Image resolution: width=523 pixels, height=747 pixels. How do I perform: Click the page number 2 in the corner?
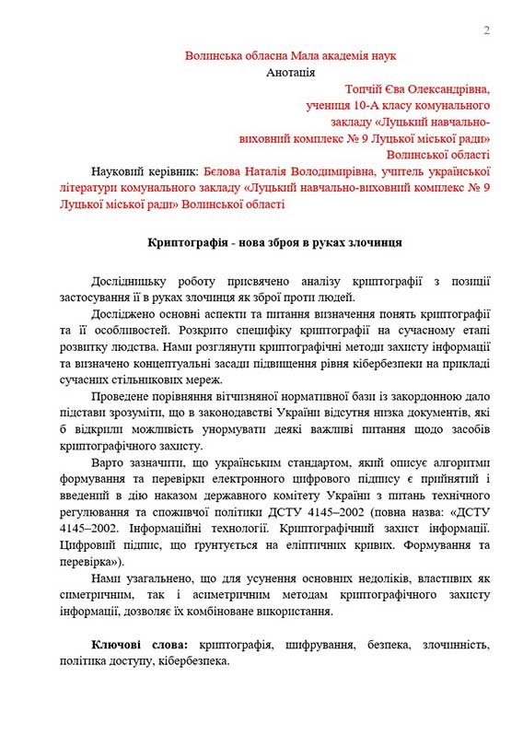point(486,31)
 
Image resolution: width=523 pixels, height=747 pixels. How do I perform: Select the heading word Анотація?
point(291,72)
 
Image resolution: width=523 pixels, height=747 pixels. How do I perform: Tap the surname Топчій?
point(365,89)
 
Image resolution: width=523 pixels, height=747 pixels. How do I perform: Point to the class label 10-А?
point(358,106)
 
